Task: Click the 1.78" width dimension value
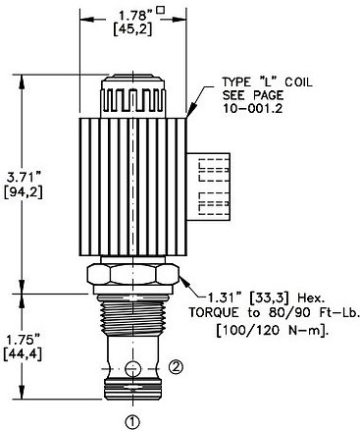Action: point(134,16)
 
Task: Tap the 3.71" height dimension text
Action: point(24,179)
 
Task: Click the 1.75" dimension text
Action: point(23,340)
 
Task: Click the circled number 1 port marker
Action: point(132,422)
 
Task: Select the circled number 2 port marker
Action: point(176,367)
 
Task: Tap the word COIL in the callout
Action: point(298,81)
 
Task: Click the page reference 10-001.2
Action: point(252,108)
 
